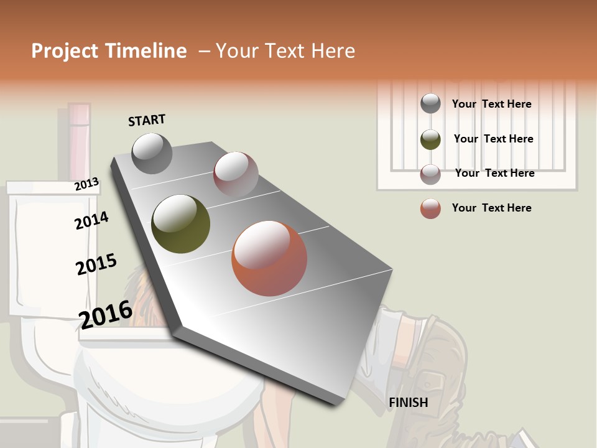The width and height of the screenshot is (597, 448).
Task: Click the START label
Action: pyautogui.click(x=147, y=120)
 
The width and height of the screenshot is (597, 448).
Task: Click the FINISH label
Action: pyautogui.click(x=408, y=403)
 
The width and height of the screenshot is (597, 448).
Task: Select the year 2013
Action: pyautogui.click(x=86, y=184)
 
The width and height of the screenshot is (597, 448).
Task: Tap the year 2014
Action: pyautogui.click(x=91, y=220)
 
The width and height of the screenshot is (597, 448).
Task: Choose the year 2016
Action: pyautogui.click(x=106, y=314)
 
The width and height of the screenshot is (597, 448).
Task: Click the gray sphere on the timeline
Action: pyautogui.click(x=152, y=153)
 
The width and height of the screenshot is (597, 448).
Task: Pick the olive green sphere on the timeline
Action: pyautogui.click(x=180, y=224)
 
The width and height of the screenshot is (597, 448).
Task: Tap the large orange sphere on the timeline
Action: pyautogui.click(x=269, y=258)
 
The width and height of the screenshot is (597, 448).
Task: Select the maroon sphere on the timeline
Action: pyautogui.click(x=236, y=174)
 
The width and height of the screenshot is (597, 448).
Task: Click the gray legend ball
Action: pyautogui.click(x=430, y=103)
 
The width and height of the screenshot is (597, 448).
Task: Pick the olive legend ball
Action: pyautogui.click(x=430, y=139)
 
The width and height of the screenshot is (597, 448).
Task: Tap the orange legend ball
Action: pyautogui.click(x=430, y=208)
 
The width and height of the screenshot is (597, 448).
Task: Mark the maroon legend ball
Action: pyautogui.click(x=430, y=174)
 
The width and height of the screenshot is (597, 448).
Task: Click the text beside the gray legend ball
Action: pyautogui.click(x=491, y=104)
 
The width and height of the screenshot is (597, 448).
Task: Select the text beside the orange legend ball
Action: pyautogui.click(x=491, y=208)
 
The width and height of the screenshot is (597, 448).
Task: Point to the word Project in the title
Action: pyautogui.click(x=64, y=51)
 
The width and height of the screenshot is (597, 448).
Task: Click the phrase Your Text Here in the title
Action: pyautogui.click(x=285, y=51)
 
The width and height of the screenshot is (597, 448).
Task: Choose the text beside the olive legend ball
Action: pyautogui.click(x=493, y=139)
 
